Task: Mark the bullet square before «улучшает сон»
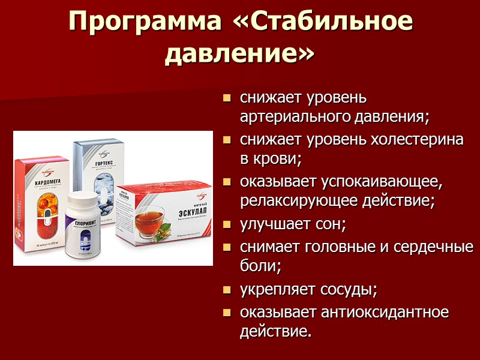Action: (227, 225)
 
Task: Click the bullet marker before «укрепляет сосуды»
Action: (227, 290)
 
